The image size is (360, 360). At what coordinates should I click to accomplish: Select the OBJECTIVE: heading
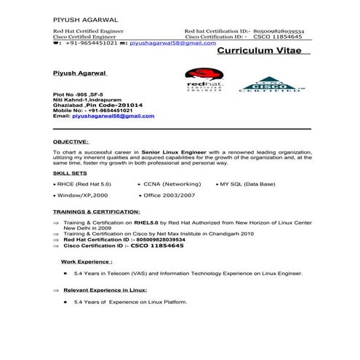(71, 141)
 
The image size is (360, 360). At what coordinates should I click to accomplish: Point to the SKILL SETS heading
(71, 175)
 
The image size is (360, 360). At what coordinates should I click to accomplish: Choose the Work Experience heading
(87, 260)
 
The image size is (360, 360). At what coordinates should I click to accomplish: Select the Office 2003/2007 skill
(170, 196)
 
